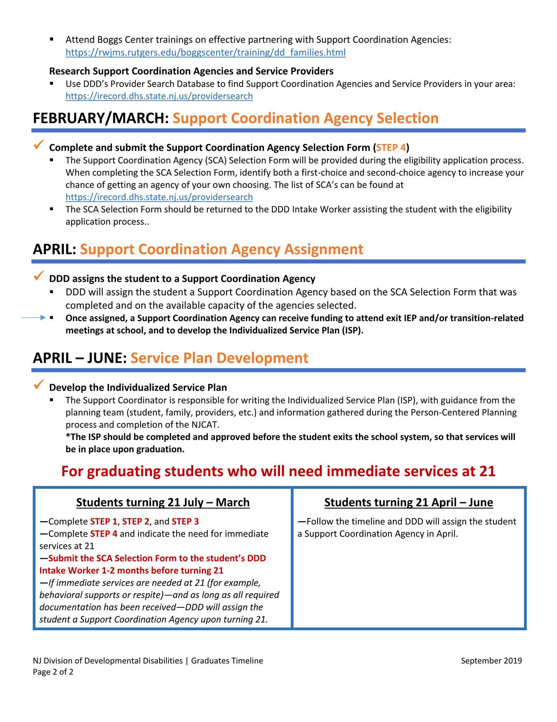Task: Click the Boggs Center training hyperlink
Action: [x=205, y=53]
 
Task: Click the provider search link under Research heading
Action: [x=159, y=96]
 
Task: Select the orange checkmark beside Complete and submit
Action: [x=39, y=145]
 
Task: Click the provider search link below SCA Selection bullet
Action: [x=159, y=197]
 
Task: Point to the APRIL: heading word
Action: [x=55, y=249]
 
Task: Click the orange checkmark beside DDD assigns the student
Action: [x=39, y=276]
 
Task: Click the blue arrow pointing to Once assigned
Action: [x=34, y=318]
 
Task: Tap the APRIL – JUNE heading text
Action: [x=80, y=358]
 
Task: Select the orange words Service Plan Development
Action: [x=219, y=358]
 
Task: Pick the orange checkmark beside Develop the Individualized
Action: [x=39, y=385]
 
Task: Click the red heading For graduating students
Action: [x=278, y=471]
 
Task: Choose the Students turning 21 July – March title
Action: [x=163, y=502]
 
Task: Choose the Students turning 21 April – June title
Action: [x=408, y=502]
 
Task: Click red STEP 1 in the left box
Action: [x=104, y=521]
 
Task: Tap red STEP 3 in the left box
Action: [x=185, y=521]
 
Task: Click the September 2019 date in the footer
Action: [x=491, y=661]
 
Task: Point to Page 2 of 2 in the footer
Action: [x=53, y=672]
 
